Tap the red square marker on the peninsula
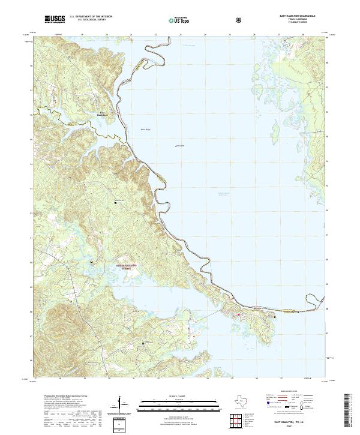pyautogui.click(x=238, y=314)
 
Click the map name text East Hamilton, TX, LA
pyautogui.click(x=284, y=422)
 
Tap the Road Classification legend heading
pyautogui.click(x=287, y=391)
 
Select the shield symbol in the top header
pyautogui.click(x=239, y=20)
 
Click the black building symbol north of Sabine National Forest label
pyautogui.click(x=92, y=262)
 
